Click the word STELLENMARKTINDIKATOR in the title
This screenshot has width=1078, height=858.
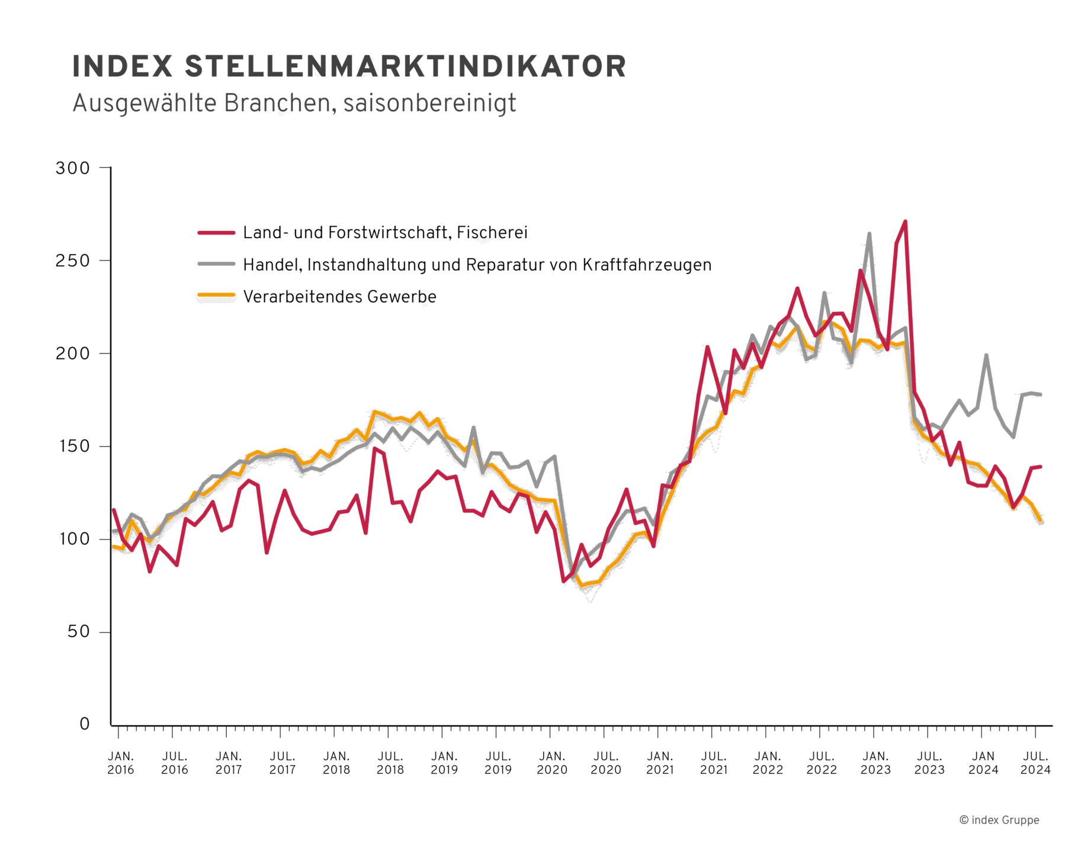405,66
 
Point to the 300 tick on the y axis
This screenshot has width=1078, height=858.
73,168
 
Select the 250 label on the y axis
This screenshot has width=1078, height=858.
73,261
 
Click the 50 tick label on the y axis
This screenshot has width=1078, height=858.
79,632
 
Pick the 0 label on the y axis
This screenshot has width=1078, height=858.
85,724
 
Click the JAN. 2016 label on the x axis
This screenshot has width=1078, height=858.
121,763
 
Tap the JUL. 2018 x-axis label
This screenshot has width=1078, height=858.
390,763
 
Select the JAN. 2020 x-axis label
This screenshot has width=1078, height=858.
552,763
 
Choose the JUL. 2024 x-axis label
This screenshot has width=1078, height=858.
1035,763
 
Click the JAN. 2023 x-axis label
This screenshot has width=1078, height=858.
875,763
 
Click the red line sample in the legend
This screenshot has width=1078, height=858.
216,233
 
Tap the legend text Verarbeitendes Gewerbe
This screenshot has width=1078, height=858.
339,297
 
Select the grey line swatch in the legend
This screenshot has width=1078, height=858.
216,265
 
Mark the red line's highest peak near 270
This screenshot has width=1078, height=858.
905,222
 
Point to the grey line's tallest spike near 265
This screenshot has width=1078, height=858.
869,234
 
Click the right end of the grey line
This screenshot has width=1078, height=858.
1040,394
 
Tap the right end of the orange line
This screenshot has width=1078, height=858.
1040,520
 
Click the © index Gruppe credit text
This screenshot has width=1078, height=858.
999,820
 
